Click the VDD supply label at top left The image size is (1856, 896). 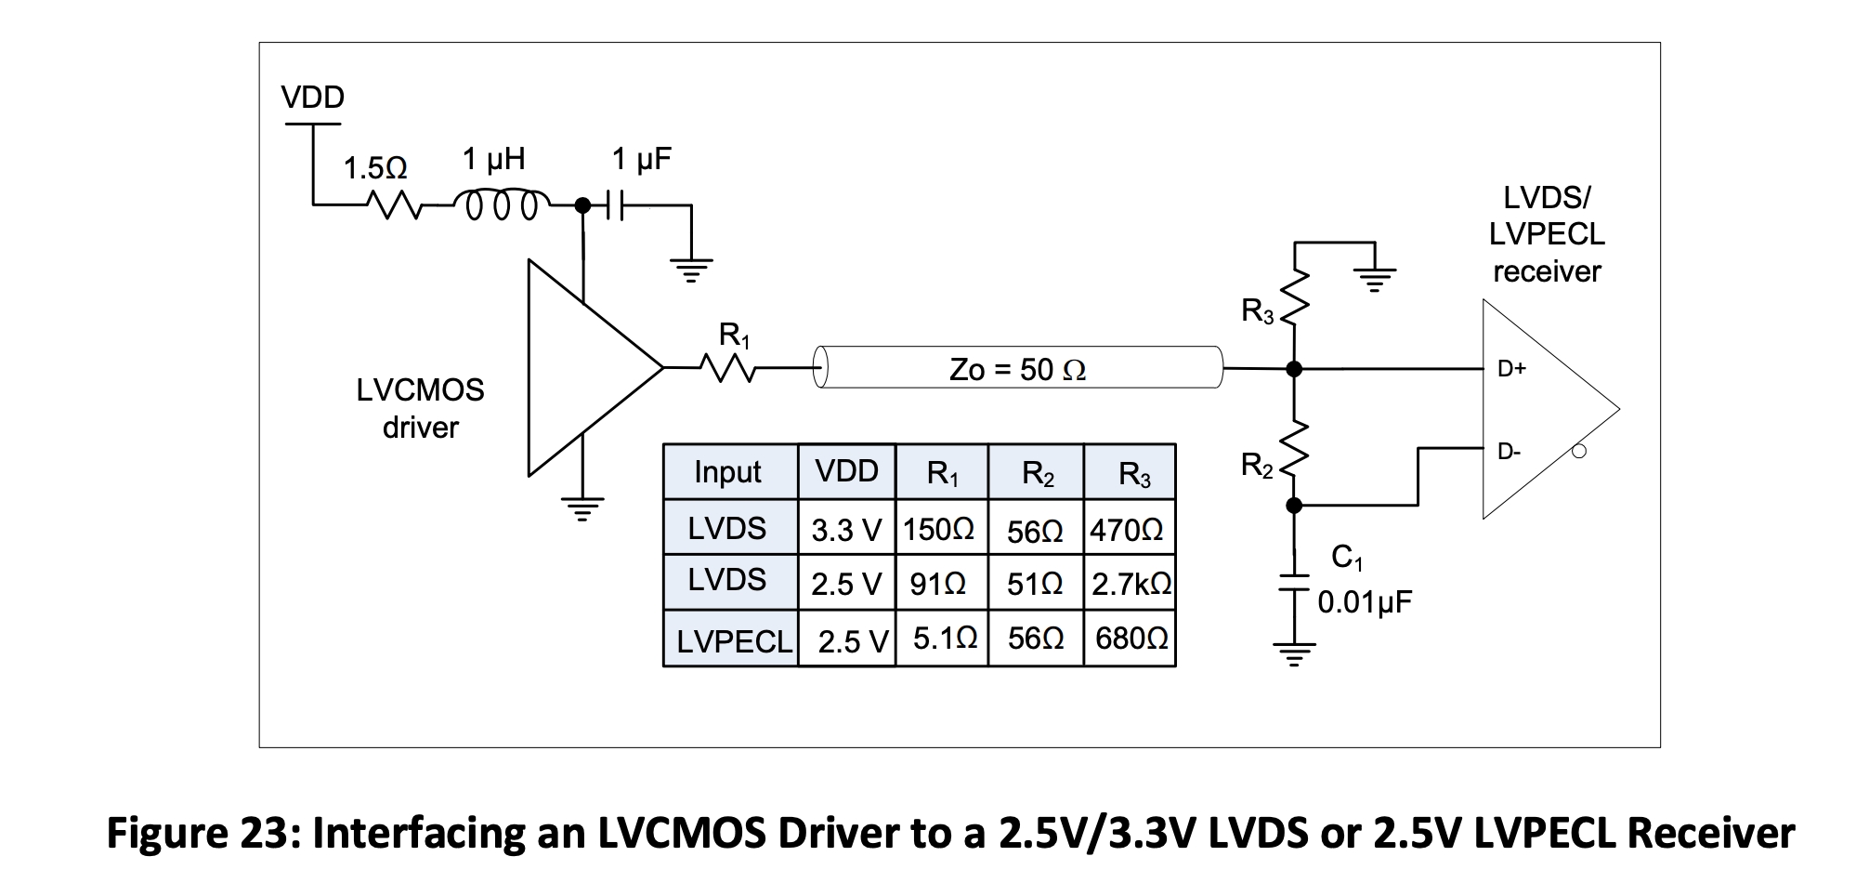coord(312,97)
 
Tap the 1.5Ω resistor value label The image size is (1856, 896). coord(375,168)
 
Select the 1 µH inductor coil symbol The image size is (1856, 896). coord(502,205)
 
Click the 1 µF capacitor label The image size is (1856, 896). coord(641,159)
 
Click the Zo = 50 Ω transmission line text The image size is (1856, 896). coord(1017,370)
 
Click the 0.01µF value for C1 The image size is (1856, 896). coord(1364,602)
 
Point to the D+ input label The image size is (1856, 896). coord(1511,369)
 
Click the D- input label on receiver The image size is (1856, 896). coord(1510,452)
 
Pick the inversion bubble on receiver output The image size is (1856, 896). coord(1578,452)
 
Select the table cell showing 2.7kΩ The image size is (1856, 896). coord(1131,584)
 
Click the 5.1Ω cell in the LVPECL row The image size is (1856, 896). coord(944,639)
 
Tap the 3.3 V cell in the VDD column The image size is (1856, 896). coord(845,530)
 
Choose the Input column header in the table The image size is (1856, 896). coord(727,472)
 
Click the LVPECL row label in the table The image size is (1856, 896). coord(733,641)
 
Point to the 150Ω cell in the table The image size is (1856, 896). coord(938,530)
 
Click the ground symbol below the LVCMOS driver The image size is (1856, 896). coord(582,509)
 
